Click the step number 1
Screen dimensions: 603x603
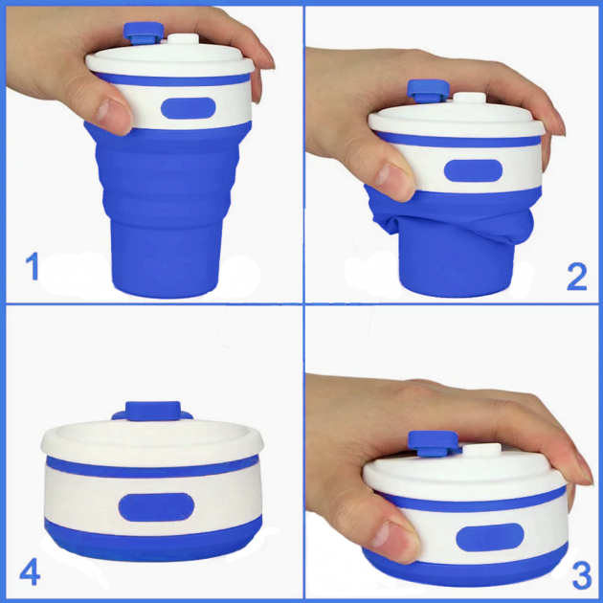[33, 266]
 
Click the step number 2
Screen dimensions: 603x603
[577, 276]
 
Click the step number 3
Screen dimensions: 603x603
[582, 575]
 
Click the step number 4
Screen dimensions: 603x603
[30, 572]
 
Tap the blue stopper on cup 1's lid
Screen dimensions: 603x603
[144, 33]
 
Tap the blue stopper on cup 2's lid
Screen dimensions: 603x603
[428, 91]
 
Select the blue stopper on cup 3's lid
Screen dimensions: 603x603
[434, 442]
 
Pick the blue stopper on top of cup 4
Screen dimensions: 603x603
[153, 412]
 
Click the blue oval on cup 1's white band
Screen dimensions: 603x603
[188, 108]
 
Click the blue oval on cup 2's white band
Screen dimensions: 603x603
[473, 170]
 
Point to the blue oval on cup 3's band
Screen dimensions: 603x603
[490, 537]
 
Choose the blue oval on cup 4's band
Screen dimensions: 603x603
[156, 507]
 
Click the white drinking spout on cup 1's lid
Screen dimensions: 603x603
[184, 39]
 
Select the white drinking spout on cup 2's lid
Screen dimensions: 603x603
[470, 98]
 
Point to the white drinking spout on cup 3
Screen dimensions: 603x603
[481, 450]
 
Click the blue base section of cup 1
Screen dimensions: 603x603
[166, 257]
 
